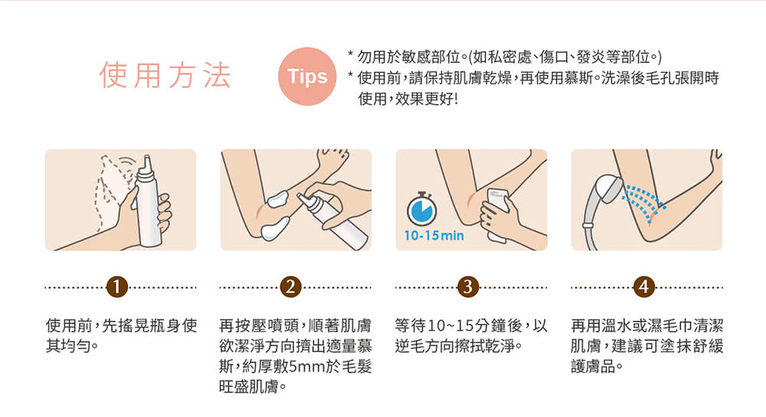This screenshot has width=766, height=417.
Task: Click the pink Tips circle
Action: click(307, 76)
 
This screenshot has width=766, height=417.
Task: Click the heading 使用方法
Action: click(165, 75)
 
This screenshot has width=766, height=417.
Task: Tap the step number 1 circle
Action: click(116, 287)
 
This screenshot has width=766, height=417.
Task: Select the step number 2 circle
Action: click(291, 287)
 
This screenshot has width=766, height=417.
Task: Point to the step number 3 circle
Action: click(467, 287)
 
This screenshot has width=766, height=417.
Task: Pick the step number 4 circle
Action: click(643, 287)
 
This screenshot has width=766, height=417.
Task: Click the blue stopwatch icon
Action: click(421, 209)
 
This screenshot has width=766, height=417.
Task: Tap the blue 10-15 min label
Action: click(434, 235)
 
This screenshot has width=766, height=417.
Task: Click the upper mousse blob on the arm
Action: click(280, 199)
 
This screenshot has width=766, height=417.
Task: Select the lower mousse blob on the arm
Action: click(274, 230)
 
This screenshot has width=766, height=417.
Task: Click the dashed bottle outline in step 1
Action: click(113, 192)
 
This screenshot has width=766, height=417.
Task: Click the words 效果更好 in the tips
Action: click(424, 99)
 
